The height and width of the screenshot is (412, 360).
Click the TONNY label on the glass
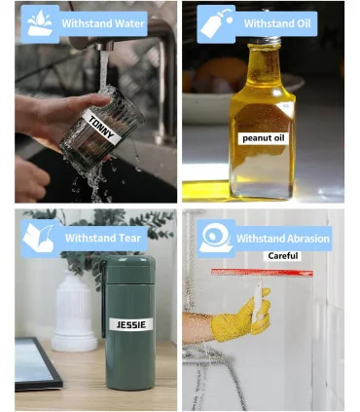(x=101, y=127)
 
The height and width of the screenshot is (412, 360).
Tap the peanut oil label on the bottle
(x=264, y=138)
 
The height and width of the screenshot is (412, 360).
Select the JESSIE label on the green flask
(x=131, y=324)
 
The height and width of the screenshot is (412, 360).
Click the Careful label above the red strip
(x=283, y=256)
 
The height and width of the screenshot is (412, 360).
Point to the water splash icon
(x=40, y=22)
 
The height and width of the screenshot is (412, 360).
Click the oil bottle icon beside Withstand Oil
(x=216, y=23)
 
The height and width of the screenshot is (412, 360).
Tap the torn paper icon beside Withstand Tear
(x=38, y=238)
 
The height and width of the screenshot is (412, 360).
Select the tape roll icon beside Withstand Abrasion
(x=216, y=238)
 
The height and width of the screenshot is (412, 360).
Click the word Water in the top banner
(x=129, y=23)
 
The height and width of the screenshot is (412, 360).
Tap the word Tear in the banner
(x=129, y=238)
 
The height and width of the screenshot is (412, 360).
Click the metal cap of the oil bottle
(x=265, y=40)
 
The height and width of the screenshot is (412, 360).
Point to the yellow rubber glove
(x=241, y=316)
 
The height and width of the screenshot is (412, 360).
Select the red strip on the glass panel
(x=262, y=273)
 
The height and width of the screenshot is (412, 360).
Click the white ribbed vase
(x=74, y=313)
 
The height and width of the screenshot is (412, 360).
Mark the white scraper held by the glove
(x=258, y=303)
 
